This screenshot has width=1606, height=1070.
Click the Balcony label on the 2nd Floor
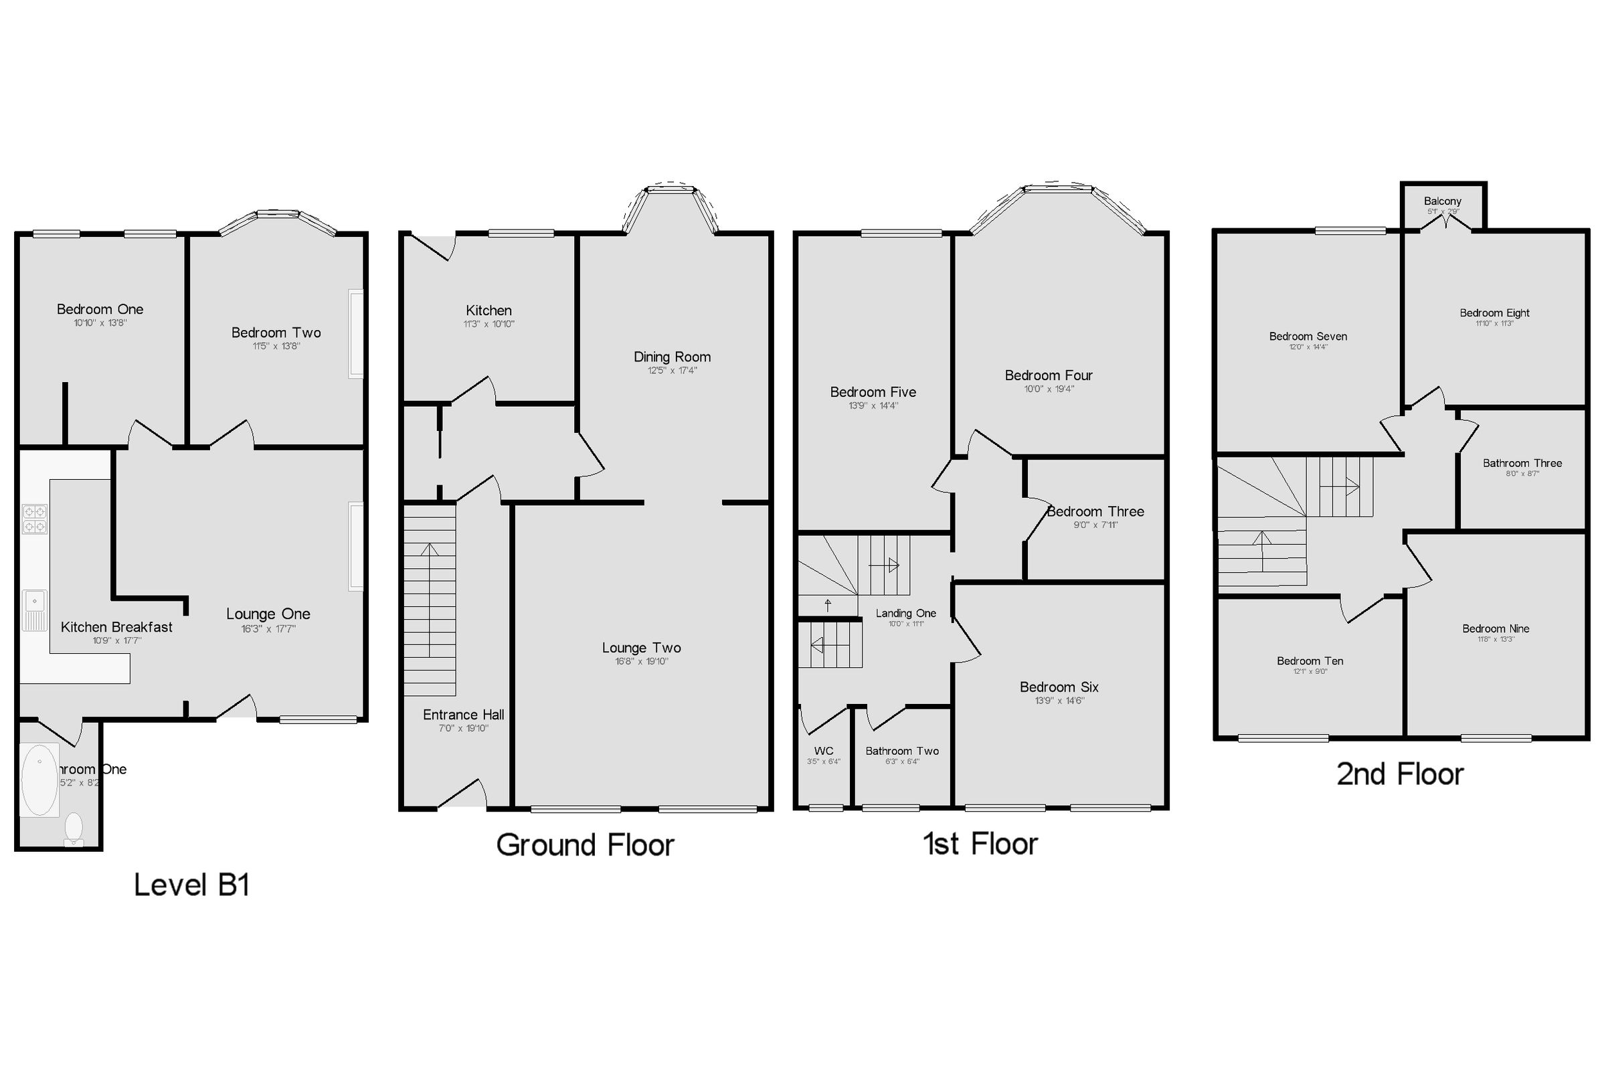point(1442,201)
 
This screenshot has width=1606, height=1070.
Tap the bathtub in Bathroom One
point(39,780)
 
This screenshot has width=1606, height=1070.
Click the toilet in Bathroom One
point(74,829)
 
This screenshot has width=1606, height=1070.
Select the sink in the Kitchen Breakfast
point(34,610)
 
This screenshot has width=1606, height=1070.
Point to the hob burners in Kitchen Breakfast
point(35,519)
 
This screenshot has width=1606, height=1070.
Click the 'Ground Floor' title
point(585,844)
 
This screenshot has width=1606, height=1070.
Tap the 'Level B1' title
point(191,885)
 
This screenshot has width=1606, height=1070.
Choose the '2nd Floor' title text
point(1399,774)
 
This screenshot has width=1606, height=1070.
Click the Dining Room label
point(672,357)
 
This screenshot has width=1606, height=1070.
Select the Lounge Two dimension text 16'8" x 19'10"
point(641,661)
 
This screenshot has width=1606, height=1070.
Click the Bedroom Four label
point(1049,375)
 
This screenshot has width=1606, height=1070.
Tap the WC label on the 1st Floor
point(824,751)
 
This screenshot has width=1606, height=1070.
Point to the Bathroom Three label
point(1522,463)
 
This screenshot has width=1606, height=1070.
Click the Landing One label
point(905,614)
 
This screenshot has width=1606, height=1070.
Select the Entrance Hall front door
point(461,796)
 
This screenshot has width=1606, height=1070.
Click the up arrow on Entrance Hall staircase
point(430,550)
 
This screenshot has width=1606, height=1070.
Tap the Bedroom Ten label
point(1310,661)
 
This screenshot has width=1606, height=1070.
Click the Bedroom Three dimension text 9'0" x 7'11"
point(1095,525)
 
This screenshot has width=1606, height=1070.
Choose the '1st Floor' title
point(980,844)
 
